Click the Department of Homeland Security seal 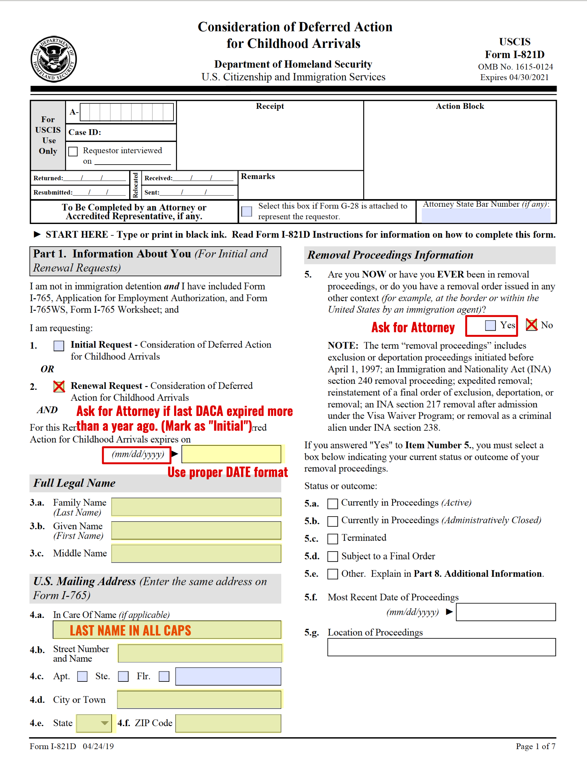point(54,59)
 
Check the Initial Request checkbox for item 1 point(59,346)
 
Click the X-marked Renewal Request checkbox point(59,387)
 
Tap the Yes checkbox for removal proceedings point(490,325)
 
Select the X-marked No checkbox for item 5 point(531,325)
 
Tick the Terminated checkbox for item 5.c point(332,539)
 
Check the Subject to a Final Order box point(332,556)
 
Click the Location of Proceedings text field point(441,647)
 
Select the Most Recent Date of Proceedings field point(505,612)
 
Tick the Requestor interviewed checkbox point(73,151)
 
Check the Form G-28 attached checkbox point(247,211)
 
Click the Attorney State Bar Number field point(486,216)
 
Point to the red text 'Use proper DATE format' point(228,472)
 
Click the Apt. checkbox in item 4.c point(82,676)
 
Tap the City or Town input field point(199,699)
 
